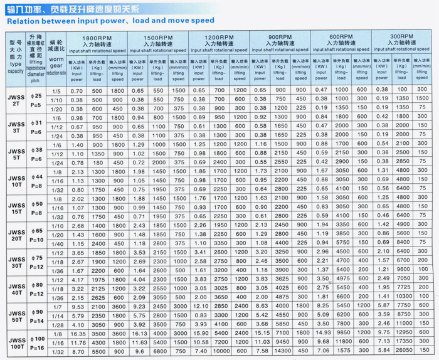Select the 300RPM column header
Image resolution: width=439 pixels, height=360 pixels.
(402, 38)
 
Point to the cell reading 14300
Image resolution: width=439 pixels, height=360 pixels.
(282, 352)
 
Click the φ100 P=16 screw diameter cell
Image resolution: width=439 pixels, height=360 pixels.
(37, 343)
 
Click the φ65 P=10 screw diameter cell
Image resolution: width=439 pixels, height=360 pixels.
(37, 234)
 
